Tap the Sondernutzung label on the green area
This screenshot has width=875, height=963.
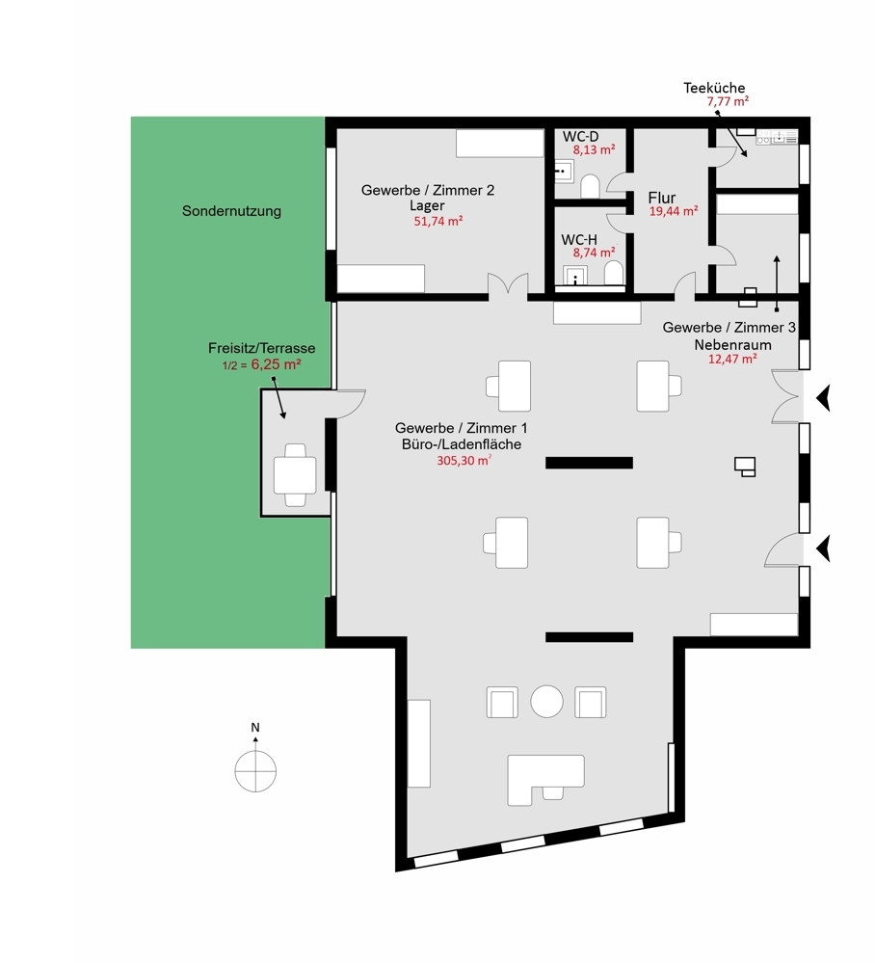[231, 211]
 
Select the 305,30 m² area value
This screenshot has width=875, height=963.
[464, 460]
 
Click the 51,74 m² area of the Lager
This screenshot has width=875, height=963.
[437, 221]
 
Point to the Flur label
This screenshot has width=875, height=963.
[661, 198]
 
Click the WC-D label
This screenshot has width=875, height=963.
[580, 136]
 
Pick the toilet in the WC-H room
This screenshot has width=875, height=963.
[614, 274]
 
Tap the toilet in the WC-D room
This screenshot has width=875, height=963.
[590, 186]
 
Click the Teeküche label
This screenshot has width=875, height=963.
[714, 87]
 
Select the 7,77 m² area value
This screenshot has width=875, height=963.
[728, 101]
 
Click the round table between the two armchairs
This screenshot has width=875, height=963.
[546, 702]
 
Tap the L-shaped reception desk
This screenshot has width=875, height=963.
[544, 779]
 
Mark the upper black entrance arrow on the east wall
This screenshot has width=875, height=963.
[823, 397]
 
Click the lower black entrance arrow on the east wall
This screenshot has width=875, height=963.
[823, 548]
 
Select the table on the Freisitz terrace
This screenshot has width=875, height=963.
[295, 474]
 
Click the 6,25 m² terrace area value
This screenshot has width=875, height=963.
[276, 364]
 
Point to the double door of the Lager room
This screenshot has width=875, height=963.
[508, 287]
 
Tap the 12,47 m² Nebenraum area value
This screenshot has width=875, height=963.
[732, 359]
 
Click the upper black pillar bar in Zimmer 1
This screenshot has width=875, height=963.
[589, 463]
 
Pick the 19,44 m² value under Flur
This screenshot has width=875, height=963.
[674, 211]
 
